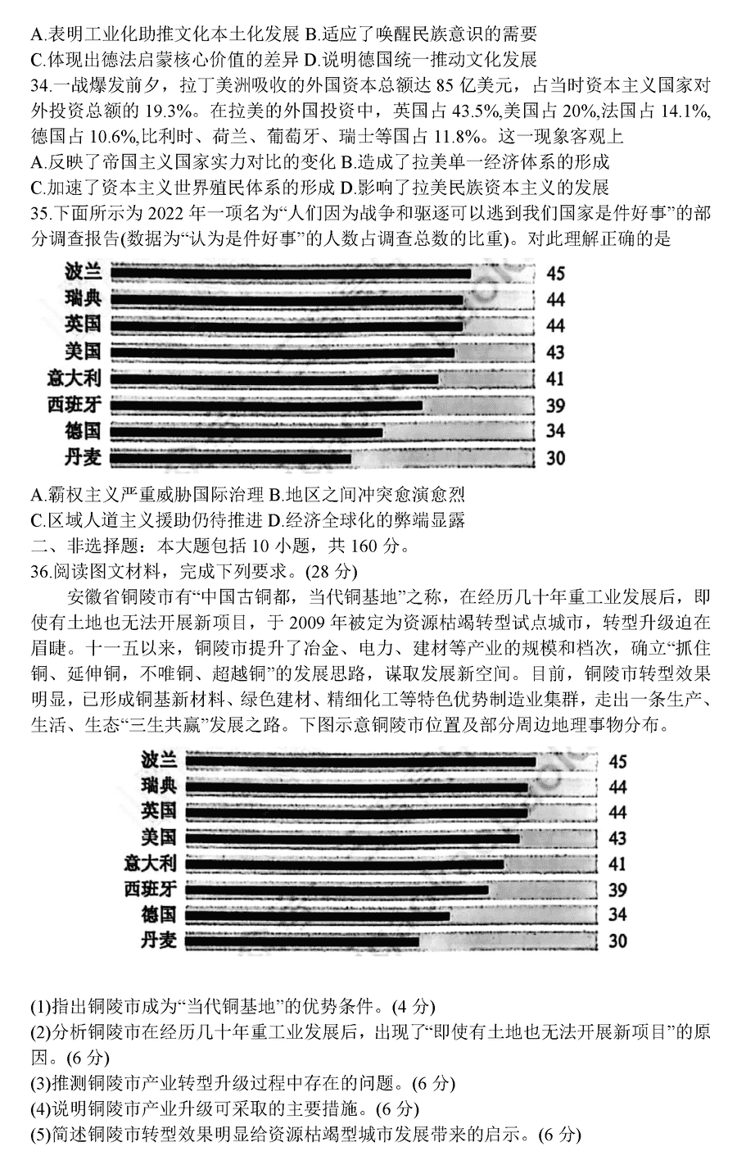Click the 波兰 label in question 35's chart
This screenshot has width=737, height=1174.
(83, 272)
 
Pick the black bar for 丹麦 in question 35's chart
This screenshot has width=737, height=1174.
(230, 459)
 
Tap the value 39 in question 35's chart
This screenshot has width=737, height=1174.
(556, 406)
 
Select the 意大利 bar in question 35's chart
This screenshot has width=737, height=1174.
(274, 379)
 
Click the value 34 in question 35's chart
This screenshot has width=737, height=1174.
(556, 431)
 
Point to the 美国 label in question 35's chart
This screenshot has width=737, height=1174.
(83, 351)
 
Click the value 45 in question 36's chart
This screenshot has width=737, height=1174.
(618, 762)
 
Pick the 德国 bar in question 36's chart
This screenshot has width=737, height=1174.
(318, 916)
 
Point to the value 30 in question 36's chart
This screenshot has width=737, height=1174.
(618, 941)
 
